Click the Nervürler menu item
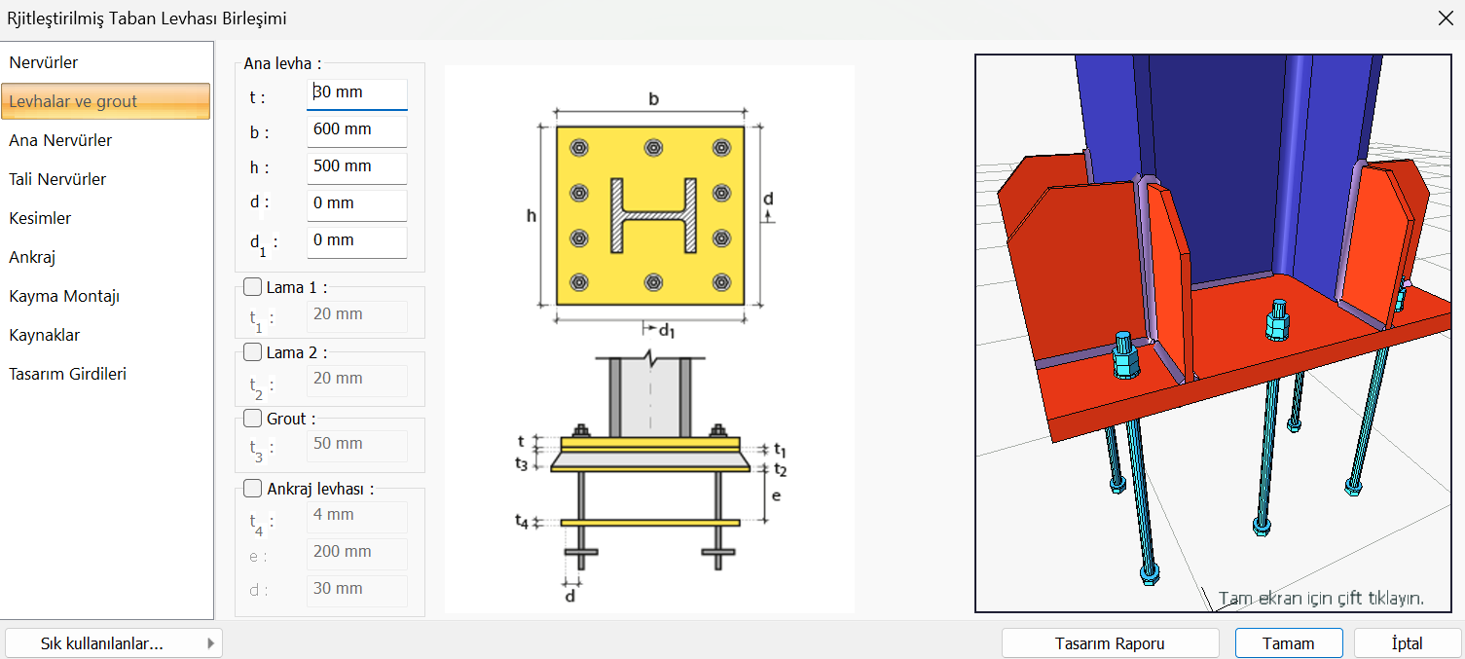click(43, 62)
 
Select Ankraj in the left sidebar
click(32, 257)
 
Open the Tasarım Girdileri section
click(67, 374)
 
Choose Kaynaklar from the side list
click(44, 336)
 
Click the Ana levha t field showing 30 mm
click(356, 93)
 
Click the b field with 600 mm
click(356, 130)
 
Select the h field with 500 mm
click(356, 167)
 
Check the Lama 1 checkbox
click(252, 287)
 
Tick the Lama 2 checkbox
click(252, 352)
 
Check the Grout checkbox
click(252, 419)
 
